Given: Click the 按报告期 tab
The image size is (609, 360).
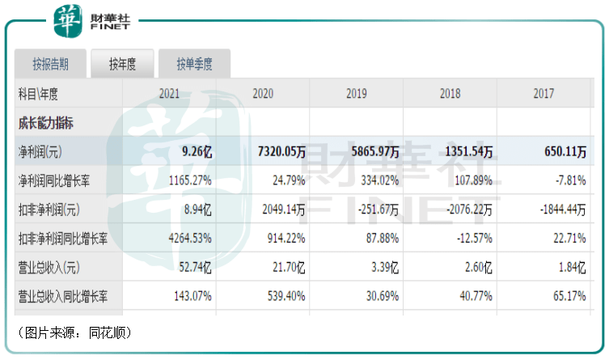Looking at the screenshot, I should coord(50,64).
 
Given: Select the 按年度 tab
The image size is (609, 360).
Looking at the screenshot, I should coord(121,64).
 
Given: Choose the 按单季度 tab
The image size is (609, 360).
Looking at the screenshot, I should coord(195,64).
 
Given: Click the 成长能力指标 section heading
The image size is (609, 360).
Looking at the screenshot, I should coord(45,123).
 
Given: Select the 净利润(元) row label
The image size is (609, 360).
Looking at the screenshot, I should coord(41,151).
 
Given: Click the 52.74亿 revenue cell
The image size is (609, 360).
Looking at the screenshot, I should coord(195,267).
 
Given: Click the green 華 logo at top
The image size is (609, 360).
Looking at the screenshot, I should coord(68,20).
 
